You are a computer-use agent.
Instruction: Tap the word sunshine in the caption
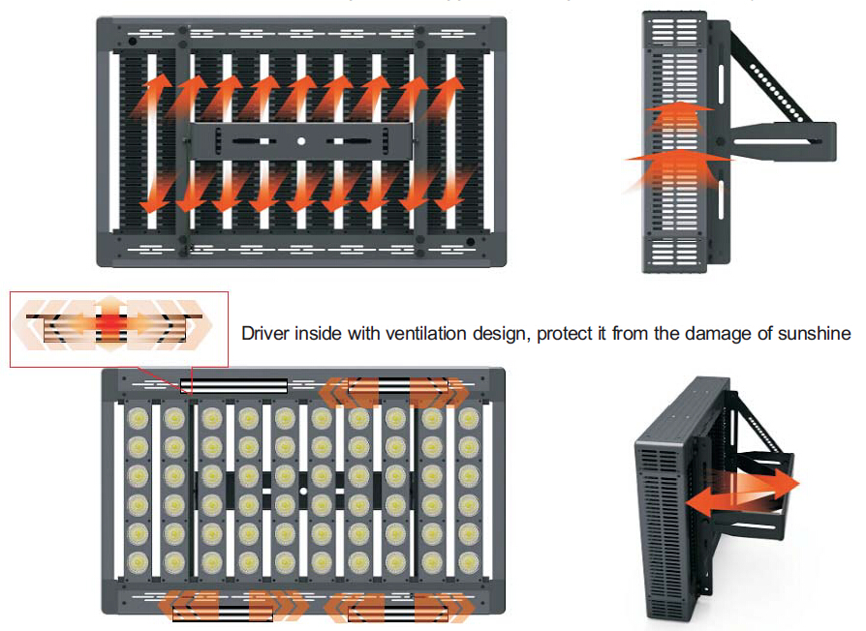[x=817, y=334]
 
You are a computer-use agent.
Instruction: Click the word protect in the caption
[x=564, y=334]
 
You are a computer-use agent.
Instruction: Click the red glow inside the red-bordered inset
[x=114, y=321]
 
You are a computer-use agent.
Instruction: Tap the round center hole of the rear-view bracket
[x=301, y=141]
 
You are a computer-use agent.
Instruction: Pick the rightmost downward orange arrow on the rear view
[x=448, y=188]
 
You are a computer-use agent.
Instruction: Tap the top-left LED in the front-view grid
[x=137, y=417]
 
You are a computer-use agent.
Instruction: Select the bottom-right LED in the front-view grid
[x=469, y=562]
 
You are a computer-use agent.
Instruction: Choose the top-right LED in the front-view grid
[x=469, y=417]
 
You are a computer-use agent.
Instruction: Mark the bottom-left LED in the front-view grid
[x=137, y=562]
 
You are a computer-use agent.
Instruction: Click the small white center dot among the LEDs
[x=302, y=491]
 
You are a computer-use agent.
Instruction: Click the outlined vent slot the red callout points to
[x=233, y=385]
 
